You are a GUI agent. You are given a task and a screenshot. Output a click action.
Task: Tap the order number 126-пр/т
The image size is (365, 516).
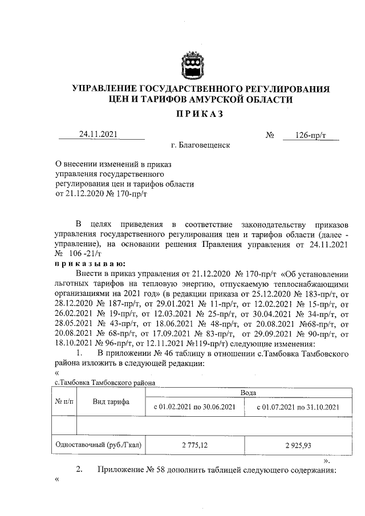[x=310, y=135]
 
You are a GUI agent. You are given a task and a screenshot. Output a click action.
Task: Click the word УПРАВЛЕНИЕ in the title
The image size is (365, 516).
[x=107, y=89]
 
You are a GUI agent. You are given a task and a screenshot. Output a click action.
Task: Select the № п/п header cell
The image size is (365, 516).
[x=64, y=401]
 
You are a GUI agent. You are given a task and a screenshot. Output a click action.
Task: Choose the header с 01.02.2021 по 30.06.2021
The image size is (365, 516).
[x=195, y=407]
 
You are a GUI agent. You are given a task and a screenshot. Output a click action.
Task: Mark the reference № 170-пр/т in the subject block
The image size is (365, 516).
[x=124, y=194]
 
